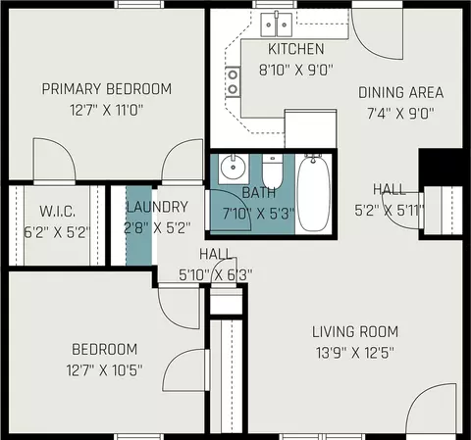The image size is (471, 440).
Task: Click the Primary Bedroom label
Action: point(107,89)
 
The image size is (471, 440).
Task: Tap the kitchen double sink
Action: point(277,24)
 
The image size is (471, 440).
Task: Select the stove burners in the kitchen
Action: point(233,81)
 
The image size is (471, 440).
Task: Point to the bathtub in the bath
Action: point(313,193)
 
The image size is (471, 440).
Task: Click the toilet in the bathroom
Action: point(272,172)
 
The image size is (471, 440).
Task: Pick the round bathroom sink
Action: point(233,168)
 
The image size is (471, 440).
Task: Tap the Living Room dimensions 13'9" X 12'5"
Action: point(355,353)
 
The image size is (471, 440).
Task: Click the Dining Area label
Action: point(401,93)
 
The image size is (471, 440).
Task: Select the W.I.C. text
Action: point(58,211)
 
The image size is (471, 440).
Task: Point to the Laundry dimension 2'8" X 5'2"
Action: point(157,227)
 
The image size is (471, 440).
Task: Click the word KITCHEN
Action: point(296,49)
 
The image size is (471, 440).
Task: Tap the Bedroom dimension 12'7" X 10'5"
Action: point(104,370)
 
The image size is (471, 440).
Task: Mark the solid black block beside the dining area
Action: point(441,168)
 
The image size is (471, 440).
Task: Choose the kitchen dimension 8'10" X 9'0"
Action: point(296,70)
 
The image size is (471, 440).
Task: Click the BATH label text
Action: point(259,193)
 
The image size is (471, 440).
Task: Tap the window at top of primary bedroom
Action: point(139,4)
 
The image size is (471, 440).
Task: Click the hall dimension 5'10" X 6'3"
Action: point(216,275)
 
